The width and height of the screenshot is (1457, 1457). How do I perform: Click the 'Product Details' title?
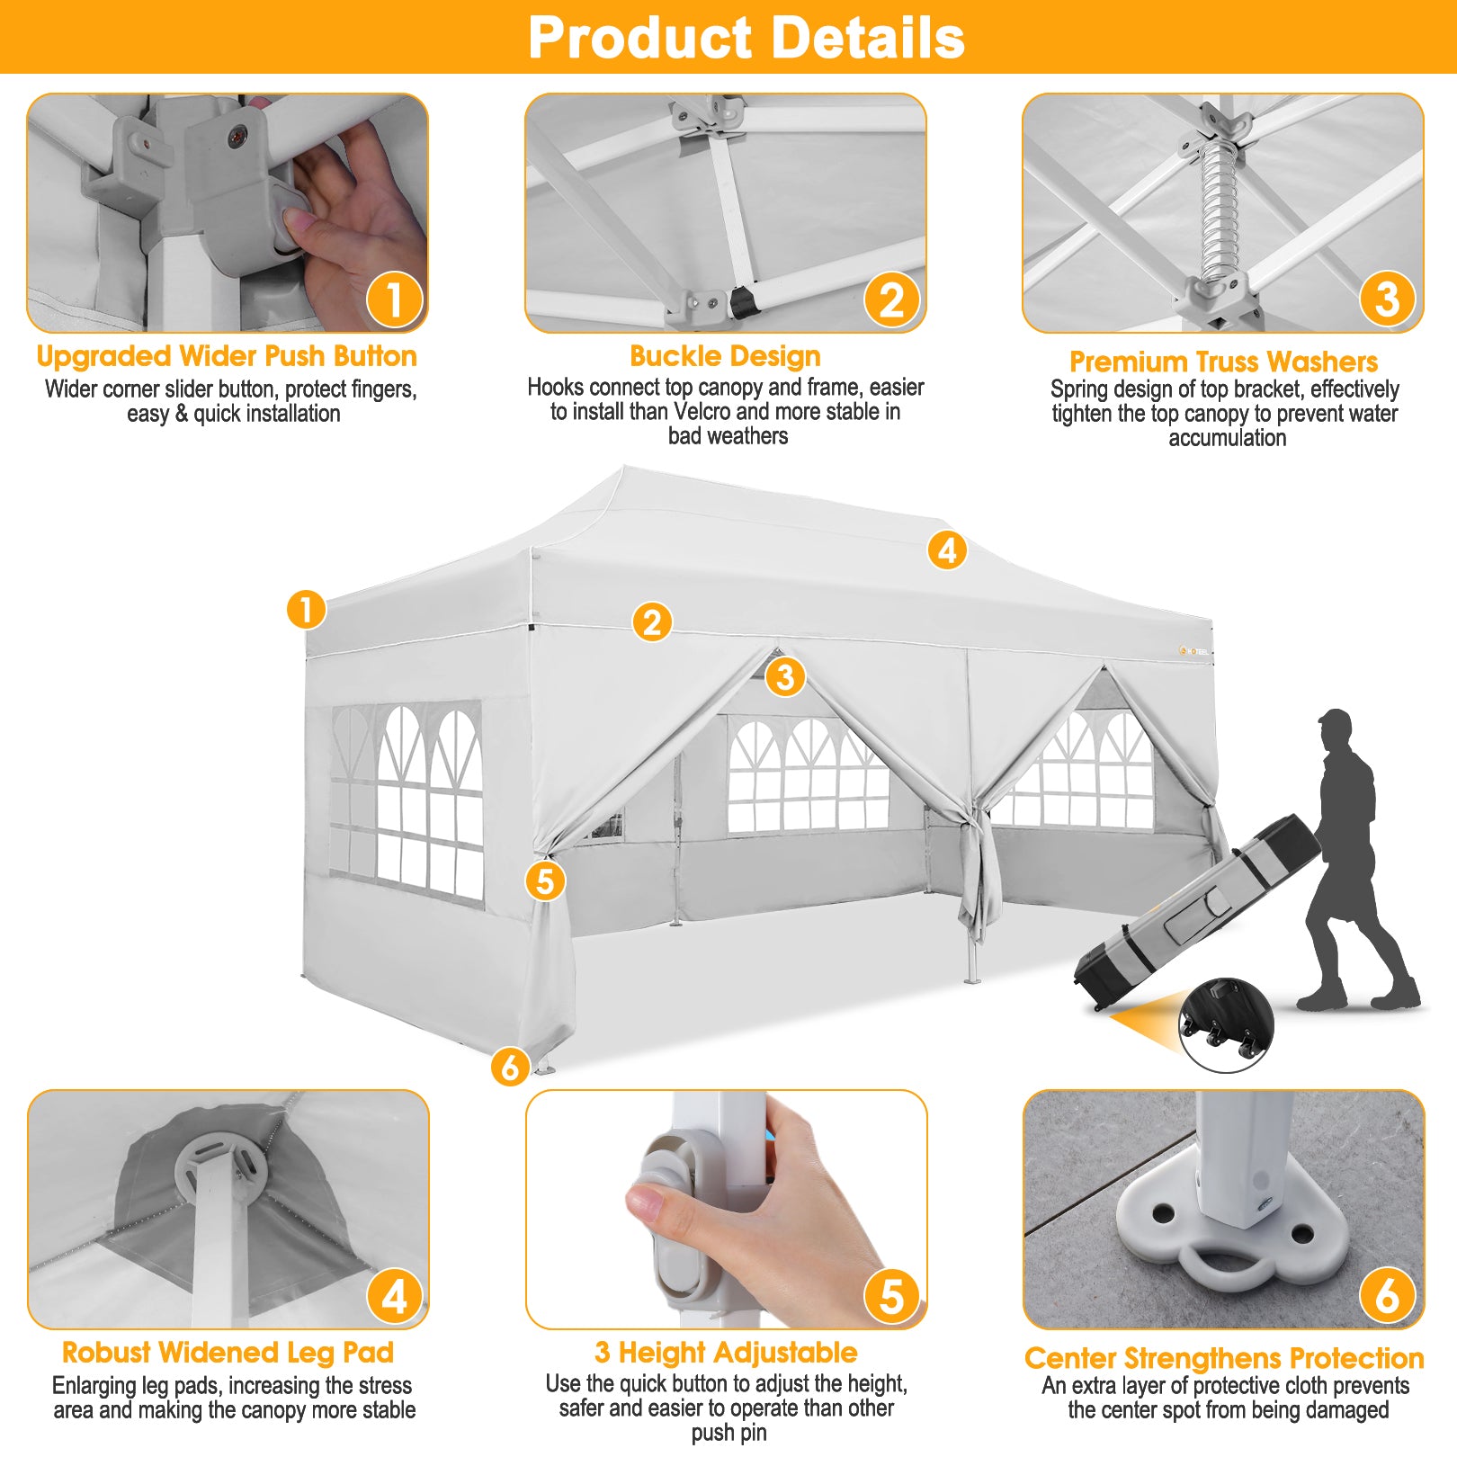coord(746,38)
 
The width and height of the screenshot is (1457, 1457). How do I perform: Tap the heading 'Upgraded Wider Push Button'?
coord(227,356)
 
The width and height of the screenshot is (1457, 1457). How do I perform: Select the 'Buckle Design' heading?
coord(725,356)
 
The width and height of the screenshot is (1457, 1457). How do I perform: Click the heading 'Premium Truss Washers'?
coord(1223,362)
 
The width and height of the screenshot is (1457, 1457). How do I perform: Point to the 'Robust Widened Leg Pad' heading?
coord(228,1353)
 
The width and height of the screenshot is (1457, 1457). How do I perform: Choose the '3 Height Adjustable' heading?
coord(726,1353)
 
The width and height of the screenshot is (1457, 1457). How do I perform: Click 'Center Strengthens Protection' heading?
coord(1224,1358)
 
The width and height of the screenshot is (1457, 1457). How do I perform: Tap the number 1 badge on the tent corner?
coord(306,610)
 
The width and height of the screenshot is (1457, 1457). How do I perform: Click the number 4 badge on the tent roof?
coord(947,550)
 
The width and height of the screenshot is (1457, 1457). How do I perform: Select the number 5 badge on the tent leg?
coord(545,880)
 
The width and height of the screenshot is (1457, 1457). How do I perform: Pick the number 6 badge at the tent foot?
coord(510,1067)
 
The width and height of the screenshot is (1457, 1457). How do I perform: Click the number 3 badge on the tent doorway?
coord(785,676)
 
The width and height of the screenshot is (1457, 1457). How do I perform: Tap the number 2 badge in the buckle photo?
coord(891,300)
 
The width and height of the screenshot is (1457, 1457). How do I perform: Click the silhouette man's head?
coord(1336,730)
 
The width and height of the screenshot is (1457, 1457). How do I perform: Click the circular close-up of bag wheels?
coord(1227,1025)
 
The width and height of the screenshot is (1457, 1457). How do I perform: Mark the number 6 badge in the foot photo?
coord(1388,1296)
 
